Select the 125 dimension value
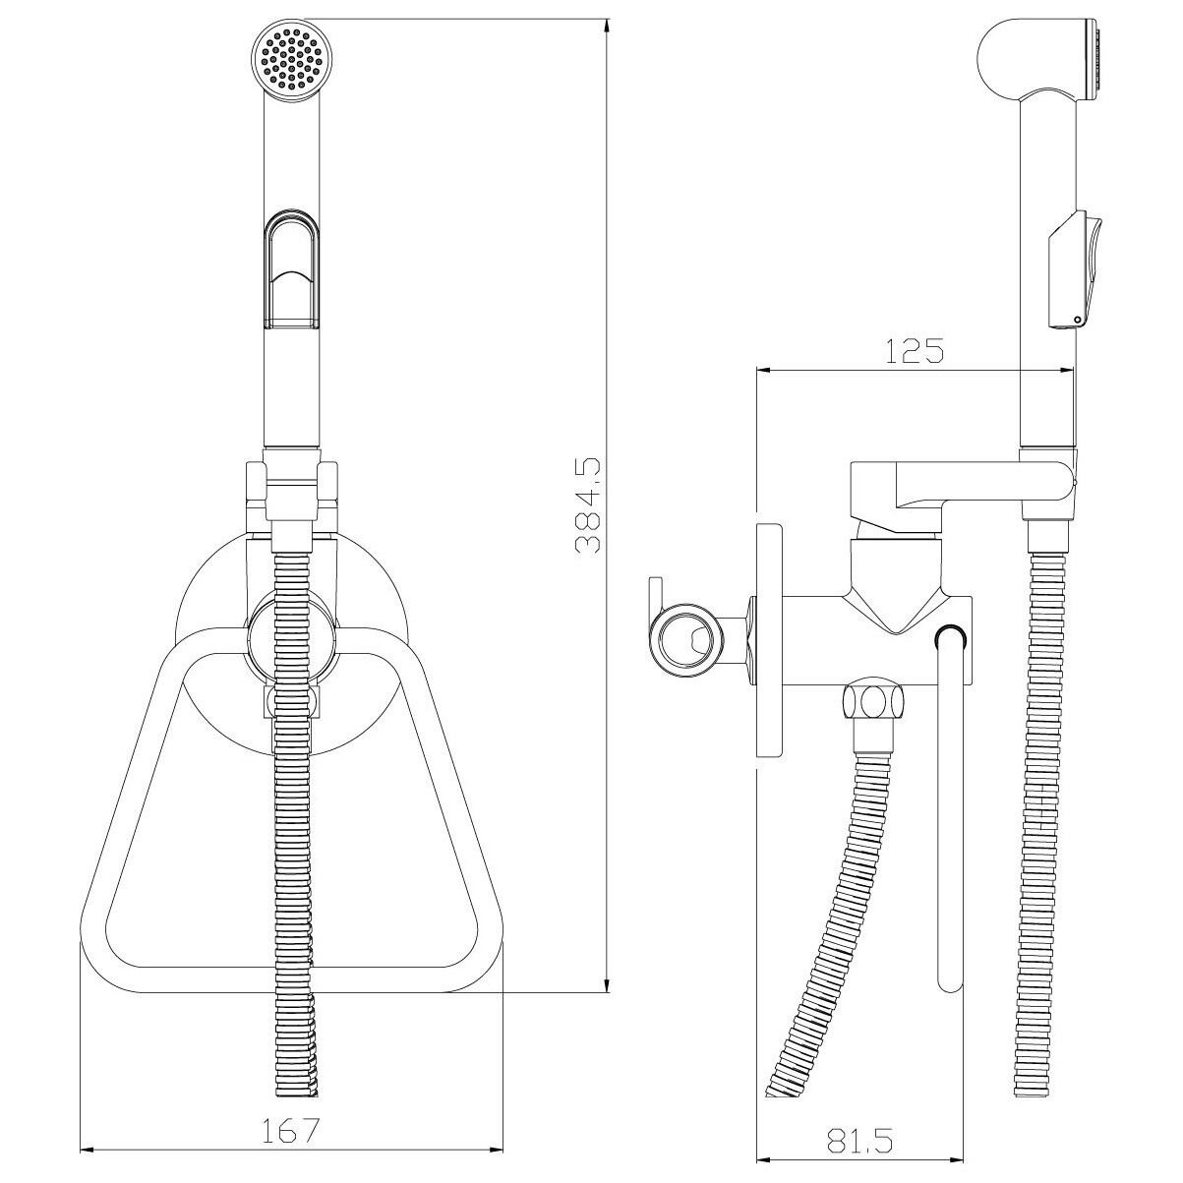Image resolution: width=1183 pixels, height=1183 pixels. (915, 351)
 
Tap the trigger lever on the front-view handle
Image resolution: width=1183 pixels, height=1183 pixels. (292, 268)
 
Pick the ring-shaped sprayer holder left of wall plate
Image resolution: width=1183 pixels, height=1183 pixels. (685, 639)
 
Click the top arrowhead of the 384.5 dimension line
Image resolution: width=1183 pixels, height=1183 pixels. (607, 26)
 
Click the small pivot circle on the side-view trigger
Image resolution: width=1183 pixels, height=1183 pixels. (1077, 319)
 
